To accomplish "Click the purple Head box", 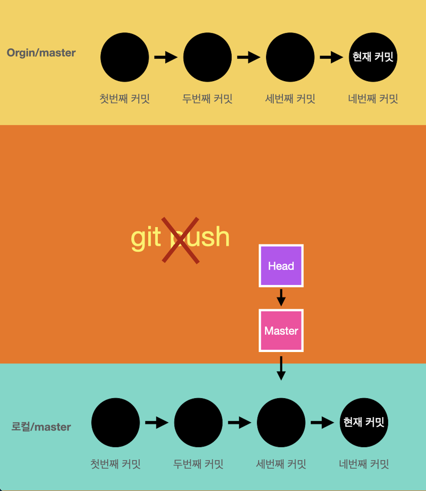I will click(x=281, y=266).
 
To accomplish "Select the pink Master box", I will click(x=281, y=330).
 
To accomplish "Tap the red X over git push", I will click(x=181, y=240).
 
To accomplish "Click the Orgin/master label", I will click(x=41, y=53).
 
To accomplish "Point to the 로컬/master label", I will click(x=41, y=427).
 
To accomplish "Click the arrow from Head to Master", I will click(x=281, y=298).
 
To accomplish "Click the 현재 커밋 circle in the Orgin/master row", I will click(x=373, y=57).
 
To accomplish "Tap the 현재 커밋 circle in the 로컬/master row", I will click(x=364, y=422).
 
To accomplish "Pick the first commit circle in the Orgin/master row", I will click(x=125, y=57).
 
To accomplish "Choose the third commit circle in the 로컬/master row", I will click(x=281, y=422).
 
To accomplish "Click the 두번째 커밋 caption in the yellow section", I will click(x=207, y=99).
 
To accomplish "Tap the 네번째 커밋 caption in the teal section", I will click(x=364, y=464).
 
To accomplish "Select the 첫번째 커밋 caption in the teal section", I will click(x=115, y=464).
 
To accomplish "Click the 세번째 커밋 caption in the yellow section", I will click(x=290, y=99).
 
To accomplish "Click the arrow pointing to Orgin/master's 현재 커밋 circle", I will click(x=331, y=57).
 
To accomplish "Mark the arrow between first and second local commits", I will click(x=157, y=423).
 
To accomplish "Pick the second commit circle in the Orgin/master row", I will click(x=207, y=57).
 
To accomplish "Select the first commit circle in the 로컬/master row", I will click(x=115, y=422).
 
